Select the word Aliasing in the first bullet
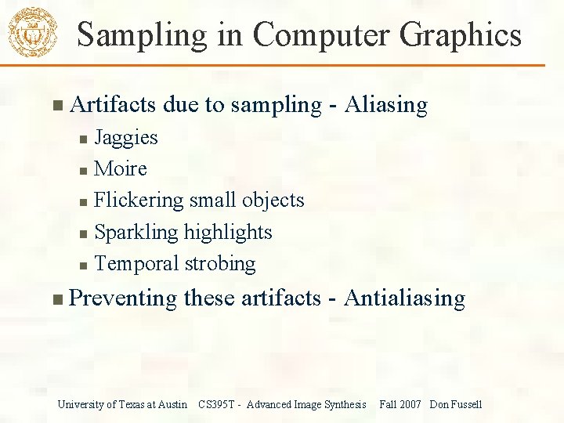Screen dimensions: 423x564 (x=386, y=105)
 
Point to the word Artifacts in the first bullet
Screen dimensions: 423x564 (x=114, y=105)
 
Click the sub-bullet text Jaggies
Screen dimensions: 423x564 (x=125, y=138)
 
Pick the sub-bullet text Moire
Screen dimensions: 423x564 (x=121, y=169)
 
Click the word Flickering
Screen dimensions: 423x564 (x=138, y=201)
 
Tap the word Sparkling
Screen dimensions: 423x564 (x=136, y=233)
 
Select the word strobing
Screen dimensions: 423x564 (x=220, y=264)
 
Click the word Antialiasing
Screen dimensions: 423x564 (x=404, y=298)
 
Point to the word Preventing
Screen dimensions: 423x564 (x=123, y=298)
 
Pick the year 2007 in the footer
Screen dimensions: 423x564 (x=410, y=405)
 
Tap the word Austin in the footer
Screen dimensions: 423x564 (x=172, y=405)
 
